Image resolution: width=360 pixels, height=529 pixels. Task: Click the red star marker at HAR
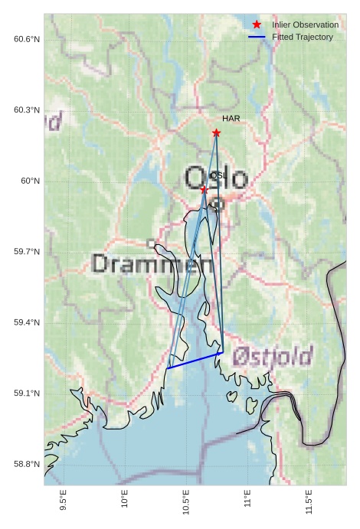(216, 133)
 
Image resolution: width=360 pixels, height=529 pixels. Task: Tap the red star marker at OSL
(204, 189)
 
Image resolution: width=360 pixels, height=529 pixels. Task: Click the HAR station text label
(231, 119)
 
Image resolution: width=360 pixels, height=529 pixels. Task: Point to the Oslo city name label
(216, 179)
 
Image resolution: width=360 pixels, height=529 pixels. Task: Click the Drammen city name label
(152, 265)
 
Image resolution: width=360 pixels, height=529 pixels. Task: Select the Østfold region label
(273, 356)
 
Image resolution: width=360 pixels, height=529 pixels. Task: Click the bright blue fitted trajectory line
(195, 361)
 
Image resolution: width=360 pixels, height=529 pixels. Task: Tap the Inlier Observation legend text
(305, 25)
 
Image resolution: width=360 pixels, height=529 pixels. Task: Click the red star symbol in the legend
(257, 25)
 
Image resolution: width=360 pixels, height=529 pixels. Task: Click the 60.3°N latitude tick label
(27, 110)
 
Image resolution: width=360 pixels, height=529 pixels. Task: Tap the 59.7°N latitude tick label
(27, 252)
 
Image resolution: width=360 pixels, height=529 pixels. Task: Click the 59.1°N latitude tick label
(27, 393)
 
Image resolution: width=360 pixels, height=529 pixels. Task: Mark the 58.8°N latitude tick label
(27, 465)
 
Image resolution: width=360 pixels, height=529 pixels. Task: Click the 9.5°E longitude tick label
(63, 501)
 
